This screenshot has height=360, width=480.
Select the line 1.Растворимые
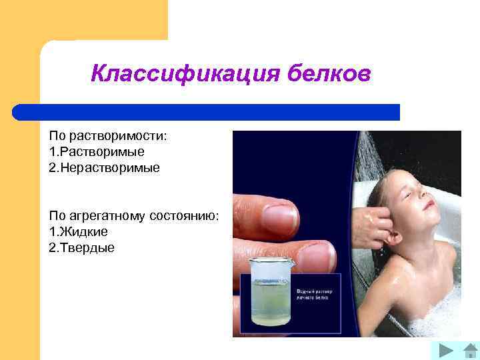(97, 152)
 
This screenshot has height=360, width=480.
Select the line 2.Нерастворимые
(105, 168)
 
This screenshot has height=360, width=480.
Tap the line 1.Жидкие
(79, 232)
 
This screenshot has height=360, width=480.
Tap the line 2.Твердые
(82, 248)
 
